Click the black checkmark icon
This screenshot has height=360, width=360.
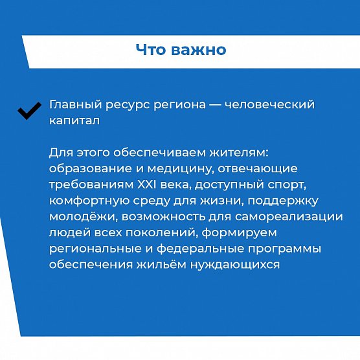(x=28, y=111)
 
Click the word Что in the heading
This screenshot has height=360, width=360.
(x=151, y=49)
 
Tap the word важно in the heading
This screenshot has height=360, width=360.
(x=199, y=50)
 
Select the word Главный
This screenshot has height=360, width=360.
(x=76, y=105)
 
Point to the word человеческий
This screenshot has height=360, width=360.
(x=269, y=104)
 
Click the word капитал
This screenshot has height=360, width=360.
(x=74, y=121)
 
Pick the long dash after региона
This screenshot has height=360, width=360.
(x=216, y=105)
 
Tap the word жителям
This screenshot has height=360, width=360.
(x=239, y=153)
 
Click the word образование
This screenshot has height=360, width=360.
(x=91, y=168)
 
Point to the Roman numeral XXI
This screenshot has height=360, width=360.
(x=146, y=185)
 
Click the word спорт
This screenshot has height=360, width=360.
(x=287, y=185)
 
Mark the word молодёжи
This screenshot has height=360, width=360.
(x=84, y=217)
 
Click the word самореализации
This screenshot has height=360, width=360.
(x=289, y=217)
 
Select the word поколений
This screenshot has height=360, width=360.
(x=162, y=233)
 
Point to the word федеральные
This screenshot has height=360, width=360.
(x=200, y=249)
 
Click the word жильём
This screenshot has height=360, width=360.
(x=161, y=264)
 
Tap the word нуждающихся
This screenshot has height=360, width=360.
(x=235, y=265)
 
